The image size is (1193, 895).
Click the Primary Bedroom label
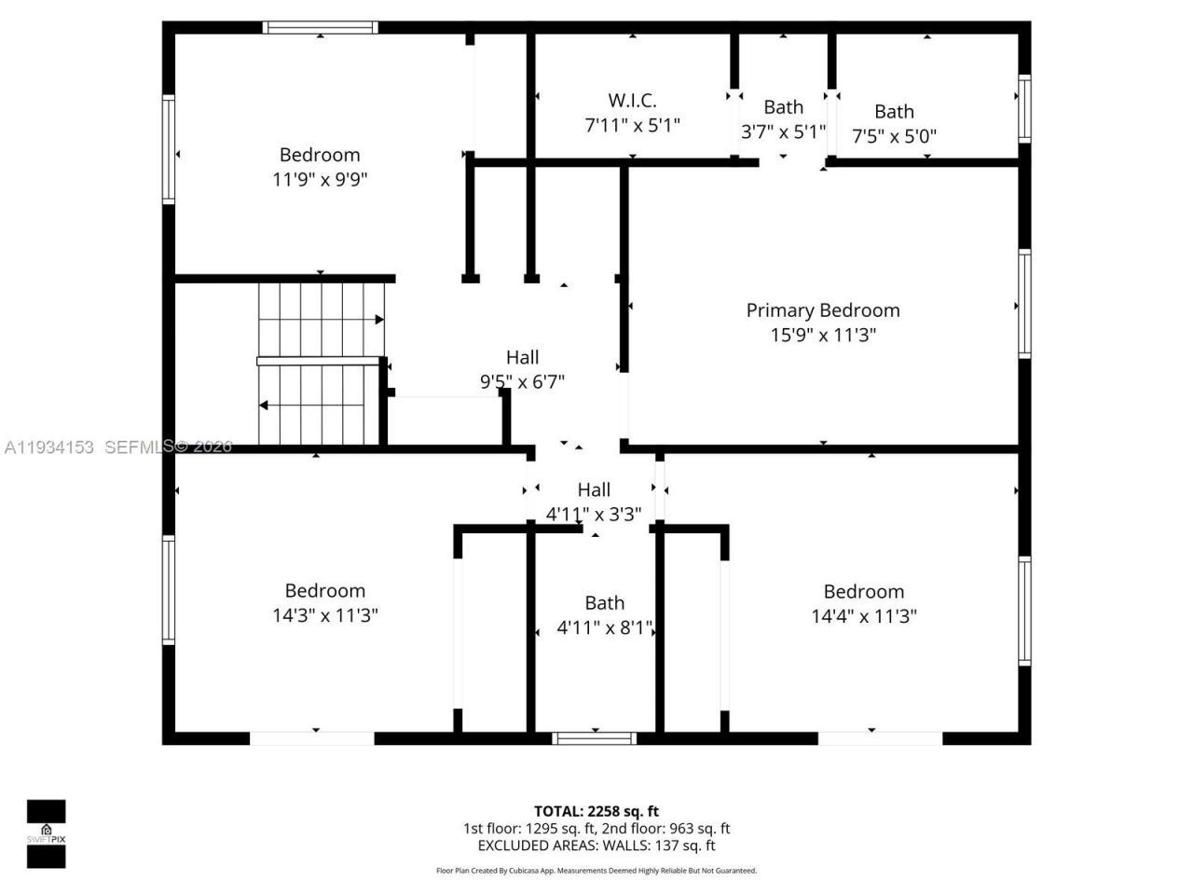pyautogui.click(x=822, y=310)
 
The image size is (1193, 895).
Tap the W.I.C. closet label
pyautogui.click(x=632, y=101)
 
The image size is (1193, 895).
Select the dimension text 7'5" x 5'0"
pyautogui.click(x=894, y=136)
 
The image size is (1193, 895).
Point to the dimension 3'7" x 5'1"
pyautogui.click(x=783, y=131)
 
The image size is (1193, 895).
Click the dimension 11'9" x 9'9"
pyautogui.click(x=320, y=179)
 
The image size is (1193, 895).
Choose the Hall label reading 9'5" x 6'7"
pyautogui.click(x=522, y=357)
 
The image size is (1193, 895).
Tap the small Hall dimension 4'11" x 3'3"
pyautogui.click(x=594, y=514)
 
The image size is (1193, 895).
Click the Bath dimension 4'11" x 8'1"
pyautogui.click(x=604, y=628)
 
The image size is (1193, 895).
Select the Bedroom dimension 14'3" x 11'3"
pyautogui.click(x=324, y=615)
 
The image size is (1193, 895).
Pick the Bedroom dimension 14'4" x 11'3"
pyautogui.click(x=863, y=616)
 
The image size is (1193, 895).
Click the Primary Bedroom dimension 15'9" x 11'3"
pyautogui.click(x=822, y=336)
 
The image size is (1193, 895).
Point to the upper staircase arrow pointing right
pyautogui.click(x=379, y=320)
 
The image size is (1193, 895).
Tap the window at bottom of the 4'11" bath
pyautogui.click(x=595, y=738)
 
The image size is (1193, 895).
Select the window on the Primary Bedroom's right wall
pyautogui.click(x=1024, y=304)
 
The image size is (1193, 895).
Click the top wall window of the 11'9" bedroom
pyautogui.click(x=320, y=28)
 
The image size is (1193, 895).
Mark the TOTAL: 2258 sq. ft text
pyautogui.click(x=596, y=811)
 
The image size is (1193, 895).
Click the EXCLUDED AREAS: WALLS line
pyautogui.click(x=596, y=847)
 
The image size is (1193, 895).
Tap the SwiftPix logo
pyautogui.click(x=46, y=833)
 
